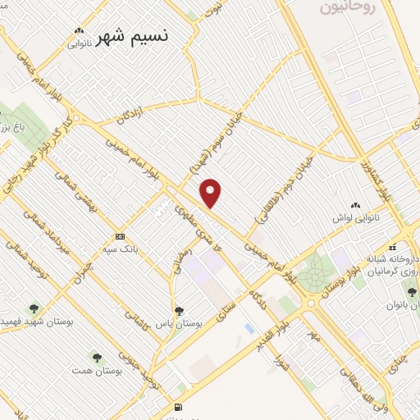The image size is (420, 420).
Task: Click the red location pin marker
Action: pyautogui.click(x=212, y=194)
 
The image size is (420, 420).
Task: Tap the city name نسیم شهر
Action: pyautogui.click(x=132, y=39)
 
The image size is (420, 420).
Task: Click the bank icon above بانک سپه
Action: pyautogui.click(x=121, y=235)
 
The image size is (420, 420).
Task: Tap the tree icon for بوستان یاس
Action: pyautogui.click(x=179, y=311)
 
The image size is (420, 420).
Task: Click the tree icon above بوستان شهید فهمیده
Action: pyautogui.click(x=34, y=309)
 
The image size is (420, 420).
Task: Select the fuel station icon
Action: pyautogui.click(x=178, y=408)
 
